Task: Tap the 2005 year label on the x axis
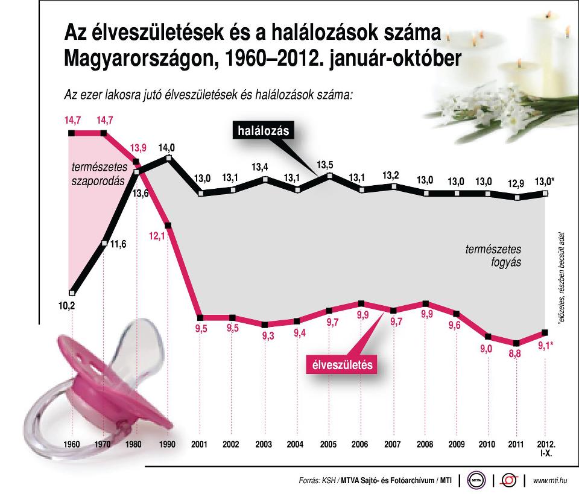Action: tap(329, 445)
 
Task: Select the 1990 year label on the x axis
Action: tap(168, 445)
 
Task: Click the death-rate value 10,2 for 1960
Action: tap(66, 305)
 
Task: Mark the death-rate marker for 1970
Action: tap(104, 244)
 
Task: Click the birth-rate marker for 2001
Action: tap(200, 316)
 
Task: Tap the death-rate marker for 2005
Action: tap(329, 176)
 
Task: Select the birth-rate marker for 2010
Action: tap(487, 337)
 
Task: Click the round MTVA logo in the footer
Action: tap(476, 480)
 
